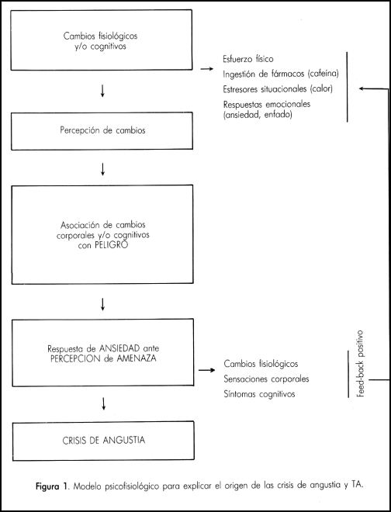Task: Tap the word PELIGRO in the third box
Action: (111, 245)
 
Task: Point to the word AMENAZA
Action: (136, 358)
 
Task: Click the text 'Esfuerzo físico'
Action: (248, 59)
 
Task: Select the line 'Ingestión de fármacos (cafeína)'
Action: (281, 74)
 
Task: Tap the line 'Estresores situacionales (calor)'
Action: (278, 89)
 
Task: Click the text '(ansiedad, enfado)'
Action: (258, 115)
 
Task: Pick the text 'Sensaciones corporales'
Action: (266, 379)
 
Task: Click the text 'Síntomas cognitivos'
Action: (259, 394)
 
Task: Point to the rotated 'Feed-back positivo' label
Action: (360, 363)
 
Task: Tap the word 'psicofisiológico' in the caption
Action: (133, 486)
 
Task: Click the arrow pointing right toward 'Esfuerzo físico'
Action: (207, 69)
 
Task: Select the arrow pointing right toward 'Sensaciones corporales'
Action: (207, 370)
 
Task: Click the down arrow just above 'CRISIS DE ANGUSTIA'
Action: (103, 403)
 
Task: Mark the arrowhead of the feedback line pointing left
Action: (362, 88)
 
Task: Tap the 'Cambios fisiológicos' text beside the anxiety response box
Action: (261, 364)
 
